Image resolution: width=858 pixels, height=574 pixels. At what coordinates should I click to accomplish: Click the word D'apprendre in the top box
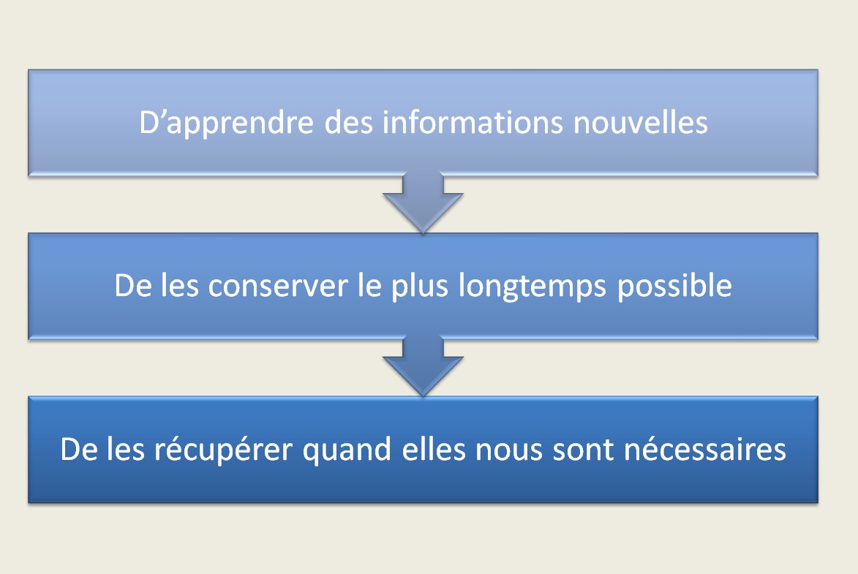coord(226,123)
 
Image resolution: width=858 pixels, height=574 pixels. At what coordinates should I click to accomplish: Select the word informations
coord(473,121)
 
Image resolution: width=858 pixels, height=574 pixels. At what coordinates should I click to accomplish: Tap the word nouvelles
coord(641,121)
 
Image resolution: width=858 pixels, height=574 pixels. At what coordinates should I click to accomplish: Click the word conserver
coord(278,286)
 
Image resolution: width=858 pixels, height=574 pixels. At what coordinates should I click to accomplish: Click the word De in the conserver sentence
coord(132,285)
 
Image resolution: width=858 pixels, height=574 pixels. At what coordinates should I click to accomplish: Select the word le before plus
coord(369,285)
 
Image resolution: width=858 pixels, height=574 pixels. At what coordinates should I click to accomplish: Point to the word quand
coord(347,450)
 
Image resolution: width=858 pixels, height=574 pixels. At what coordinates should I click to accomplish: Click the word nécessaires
coord(705,449)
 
